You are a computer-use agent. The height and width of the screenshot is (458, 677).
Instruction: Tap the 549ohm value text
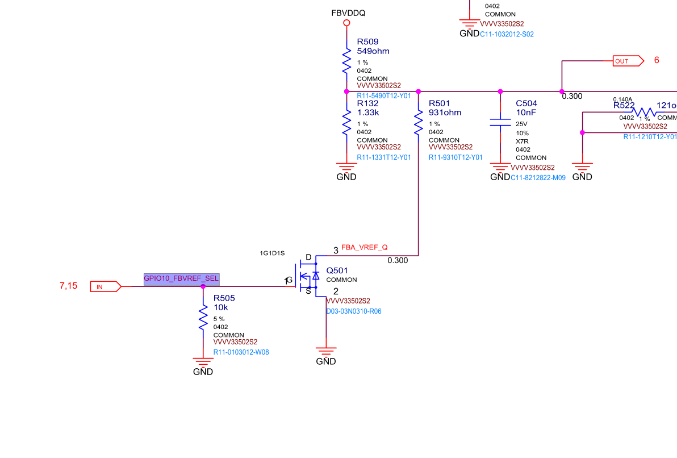tap(373, 51)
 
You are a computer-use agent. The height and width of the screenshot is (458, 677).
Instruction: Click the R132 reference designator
tap(367, 103)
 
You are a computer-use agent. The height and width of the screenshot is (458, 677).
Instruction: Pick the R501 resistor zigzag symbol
tap(419, 122)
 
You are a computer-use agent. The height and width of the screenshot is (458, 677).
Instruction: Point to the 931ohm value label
tap(445, 113)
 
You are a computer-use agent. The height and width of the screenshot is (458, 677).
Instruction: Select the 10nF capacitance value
tap(526, 113)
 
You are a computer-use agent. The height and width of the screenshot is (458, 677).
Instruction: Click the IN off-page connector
tap(106, 286)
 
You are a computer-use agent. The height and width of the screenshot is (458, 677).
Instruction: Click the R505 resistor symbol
tap(203, 318)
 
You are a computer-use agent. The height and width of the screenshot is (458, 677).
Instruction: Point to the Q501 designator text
tap(337, 270)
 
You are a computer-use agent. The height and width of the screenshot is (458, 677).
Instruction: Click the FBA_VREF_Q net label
tap(364, 248)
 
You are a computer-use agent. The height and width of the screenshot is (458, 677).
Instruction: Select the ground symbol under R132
tap(346, 166)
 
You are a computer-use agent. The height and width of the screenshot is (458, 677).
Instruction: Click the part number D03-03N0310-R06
tap(353, 311)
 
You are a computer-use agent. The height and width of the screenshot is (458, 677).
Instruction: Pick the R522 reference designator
tap(624, 105)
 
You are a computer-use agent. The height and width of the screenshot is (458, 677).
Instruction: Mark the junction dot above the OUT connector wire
tap(562, 91)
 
